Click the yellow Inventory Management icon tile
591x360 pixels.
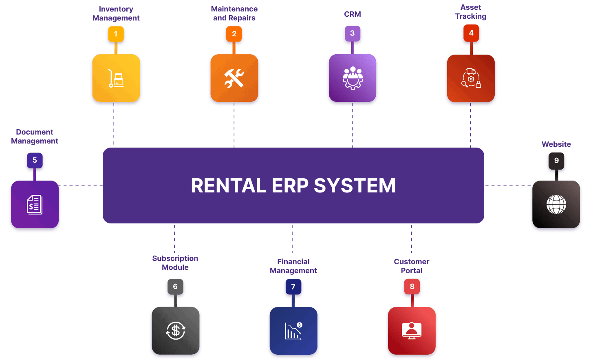pos(116,78)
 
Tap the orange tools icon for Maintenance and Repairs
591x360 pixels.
pos(234,78)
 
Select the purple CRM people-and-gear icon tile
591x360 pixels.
pos(353,78)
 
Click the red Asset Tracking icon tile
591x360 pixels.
pos(471,78)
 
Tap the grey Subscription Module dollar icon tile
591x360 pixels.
pos(175,331)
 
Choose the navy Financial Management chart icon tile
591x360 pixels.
pos(293,331)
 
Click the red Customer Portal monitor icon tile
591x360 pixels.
pos(412,331)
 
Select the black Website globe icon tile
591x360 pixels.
pos(556,204)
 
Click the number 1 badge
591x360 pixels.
pos(116,34)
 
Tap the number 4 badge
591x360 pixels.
pos(471,33)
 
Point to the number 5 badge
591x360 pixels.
pos(35,160)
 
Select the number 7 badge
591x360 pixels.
pos(293,287)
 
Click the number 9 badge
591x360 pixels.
pos(556,161)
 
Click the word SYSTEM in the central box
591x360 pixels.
pos(355,186)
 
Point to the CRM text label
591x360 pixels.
pos(353,14)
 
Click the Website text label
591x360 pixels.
pos(556,144)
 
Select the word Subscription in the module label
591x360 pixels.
pos(175,258)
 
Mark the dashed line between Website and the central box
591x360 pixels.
pos(507,185)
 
